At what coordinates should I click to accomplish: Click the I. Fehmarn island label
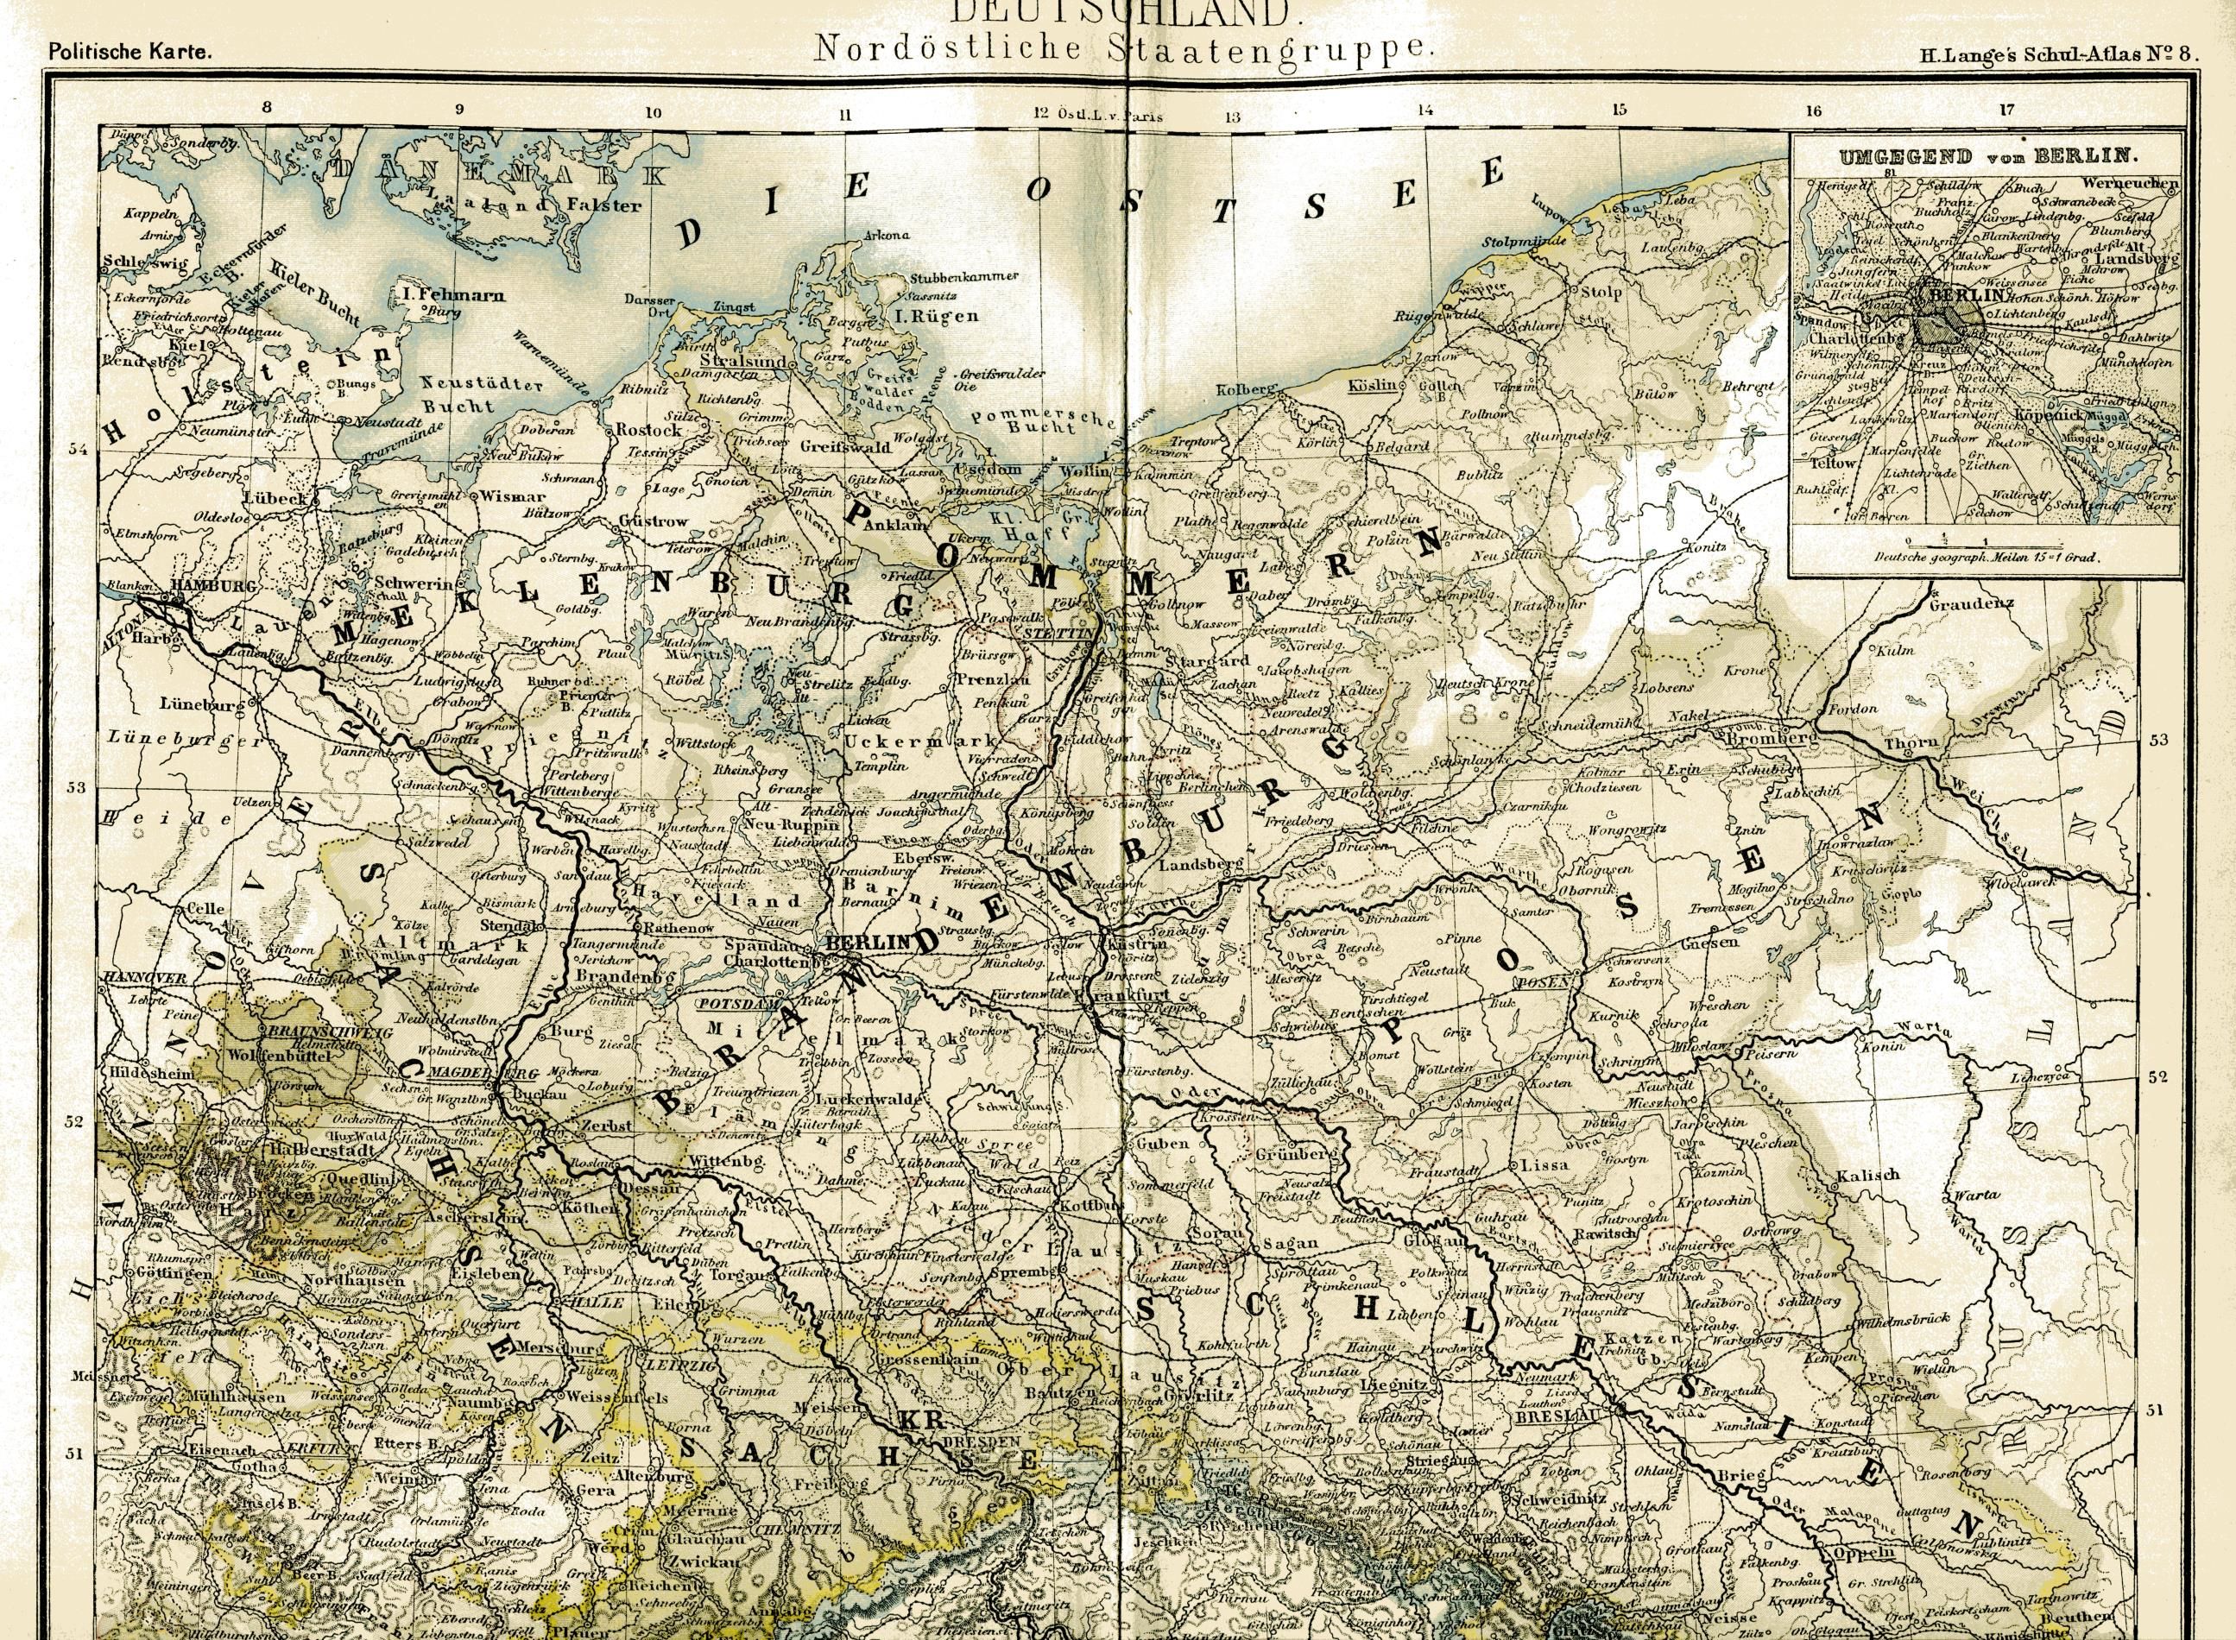pyautogui.click(x=459, y=295)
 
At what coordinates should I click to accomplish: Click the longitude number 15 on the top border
pyautogui.click(x=1619, y=111)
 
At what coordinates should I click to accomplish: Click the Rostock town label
pyautogui.click(x=648, y=430)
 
